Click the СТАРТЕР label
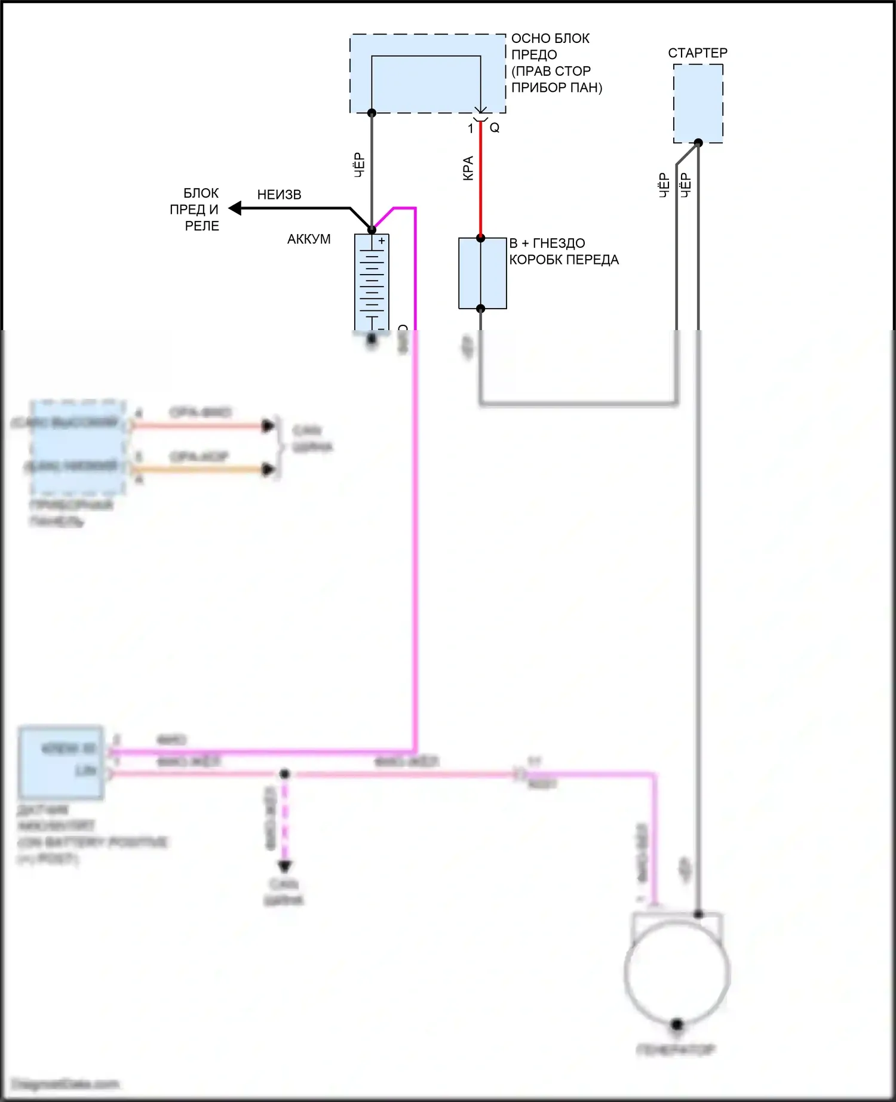click(x=697, y=53)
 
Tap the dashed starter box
click(x=698, y=103)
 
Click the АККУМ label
click(x=308, y=239)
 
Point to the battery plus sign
click(x=382, y=241)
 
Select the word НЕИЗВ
click(x=279, y=195)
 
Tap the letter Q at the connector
click(x=495, y=128)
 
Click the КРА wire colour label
click(x=468, y=168)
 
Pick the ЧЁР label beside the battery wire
click(x=359, y=165)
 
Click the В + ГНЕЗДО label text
click(x=547, y=244)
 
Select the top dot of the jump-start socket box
click(x=480, y=238)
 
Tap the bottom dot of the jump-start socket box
click(x=480, y=309)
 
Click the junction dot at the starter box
click(x=698, y=143)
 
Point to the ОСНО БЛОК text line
click(x=550, y=38)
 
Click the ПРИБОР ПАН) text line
click(x=557, y=88)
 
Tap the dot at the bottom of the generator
click(x=677, y=1024)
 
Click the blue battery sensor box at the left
click(x=61, y=762)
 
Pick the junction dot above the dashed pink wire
click(x=285, y=774)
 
